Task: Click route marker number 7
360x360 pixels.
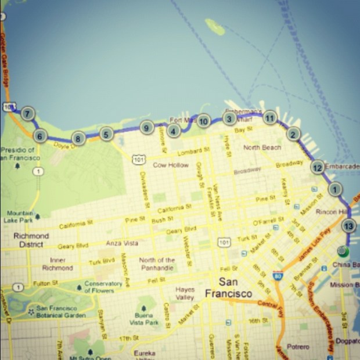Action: pyautogui.click(x=27, y=114)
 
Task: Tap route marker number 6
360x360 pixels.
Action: pyautogui.click(x=39, y=137)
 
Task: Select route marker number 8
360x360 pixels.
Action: pyautogui.click(x=78, y=138)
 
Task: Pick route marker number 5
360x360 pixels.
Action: pyautogui.click(x=105, y=134)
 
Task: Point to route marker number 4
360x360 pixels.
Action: pyautogui.click(x=173, y=131)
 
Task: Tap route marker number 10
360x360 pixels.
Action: pyautogui.click(x=203, y=121)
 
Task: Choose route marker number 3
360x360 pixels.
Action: pyautogui.click(x=229, y=119)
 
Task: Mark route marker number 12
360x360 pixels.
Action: pyautogui.click(x=317, y=168)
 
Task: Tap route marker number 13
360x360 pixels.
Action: pyautogui.click(x=348, y=226)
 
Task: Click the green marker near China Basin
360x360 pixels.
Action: pyautogui.click(x=342, y=251)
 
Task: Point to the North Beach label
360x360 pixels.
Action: pyautogui.click(x=262, y=147)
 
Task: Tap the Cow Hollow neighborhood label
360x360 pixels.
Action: pyautogui.click(x=171, y=165)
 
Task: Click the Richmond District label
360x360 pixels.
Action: pyautogui.click(x=31, y=240)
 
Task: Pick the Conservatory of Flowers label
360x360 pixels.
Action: pyautogui.click(x=103, y=287)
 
